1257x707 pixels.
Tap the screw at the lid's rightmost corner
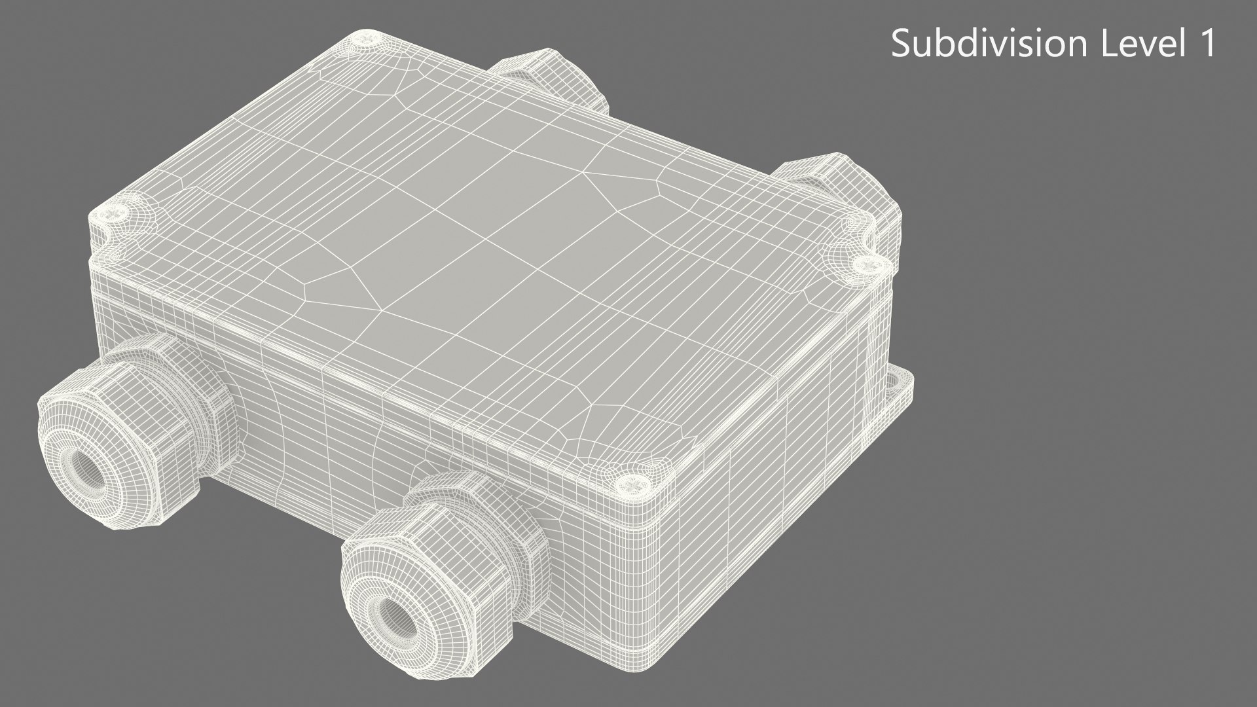[868, 264]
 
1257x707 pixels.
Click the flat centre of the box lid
[458, 249]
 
